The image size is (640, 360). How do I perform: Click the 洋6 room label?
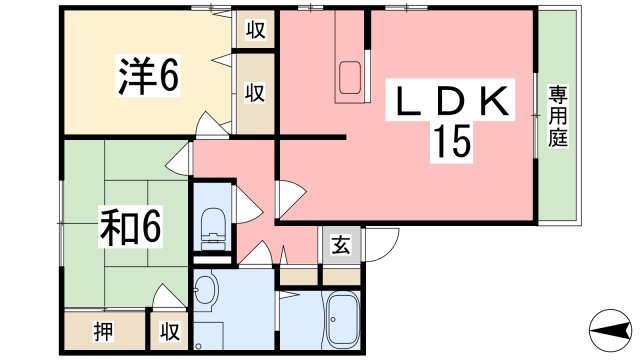[149, 76]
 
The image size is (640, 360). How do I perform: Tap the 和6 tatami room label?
[131, 227]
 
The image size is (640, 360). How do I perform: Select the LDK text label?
[452, 100]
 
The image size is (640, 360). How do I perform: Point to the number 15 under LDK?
[452, 141]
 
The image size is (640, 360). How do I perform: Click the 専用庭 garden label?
[558, 116]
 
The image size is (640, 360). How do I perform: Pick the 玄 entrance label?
[340, 244]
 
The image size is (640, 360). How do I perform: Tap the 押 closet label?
[103, 331]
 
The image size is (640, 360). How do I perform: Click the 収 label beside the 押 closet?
[170, 331]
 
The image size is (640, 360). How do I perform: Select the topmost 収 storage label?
[256, 29]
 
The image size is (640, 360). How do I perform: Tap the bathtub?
[344, 320]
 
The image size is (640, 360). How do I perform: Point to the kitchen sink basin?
[350, 77]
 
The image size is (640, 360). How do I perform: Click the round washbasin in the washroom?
[206, 290]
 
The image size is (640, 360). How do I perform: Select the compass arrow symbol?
[611, 330]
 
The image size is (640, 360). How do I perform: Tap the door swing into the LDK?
[291, 200]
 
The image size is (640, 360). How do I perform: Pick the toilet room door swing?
[248, 205]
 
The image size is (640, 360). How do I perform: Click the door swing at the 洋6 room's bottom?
[212, 124]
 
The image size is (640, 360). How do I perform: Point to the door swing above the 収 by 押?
[168, 297]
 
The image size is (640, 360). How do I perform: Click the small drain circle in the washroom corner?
[198, 346]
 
